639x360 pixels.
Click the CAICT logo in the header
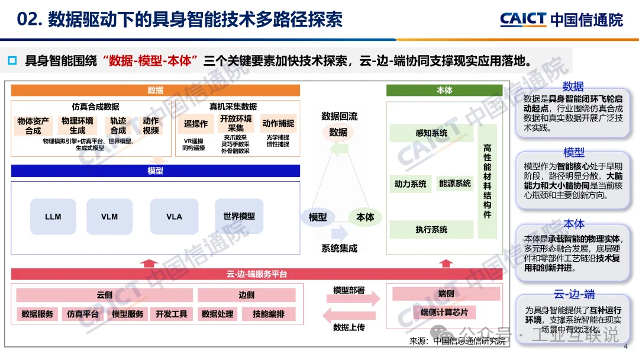tap(561, 19)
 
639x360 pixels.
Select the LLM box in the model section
tap(53, 217)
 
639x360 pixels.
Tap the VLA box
tap(174, 217)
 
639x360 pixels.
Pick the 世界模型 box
tap(239, 217)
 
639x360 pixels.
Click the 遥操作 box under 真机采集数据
tap(196, 124)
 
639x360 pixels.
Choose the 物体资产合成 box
tap(33, 126)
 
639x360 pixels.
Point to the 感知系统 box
tap(431, 133)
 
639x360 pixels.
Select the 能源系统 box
tap(455, 184)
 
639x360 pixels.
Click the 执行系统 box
tap(431, 229)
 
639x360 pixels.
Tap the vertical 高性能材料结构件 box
tap(487, 181)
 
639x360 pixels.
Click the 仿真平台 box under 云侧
tap(82, 314)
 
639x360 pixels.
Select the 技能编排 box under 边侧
tap(268, 314)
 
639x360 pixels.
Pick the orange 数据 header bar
tap(156, 91)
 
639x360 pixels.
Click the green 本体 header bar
tap(444, 91)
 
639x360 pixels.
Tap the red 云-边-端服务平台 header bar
tap(257, 274)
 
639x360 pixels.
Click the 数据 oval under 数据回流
tap(338, 132)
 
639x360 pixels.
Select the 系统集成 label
tap(339, 249)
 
